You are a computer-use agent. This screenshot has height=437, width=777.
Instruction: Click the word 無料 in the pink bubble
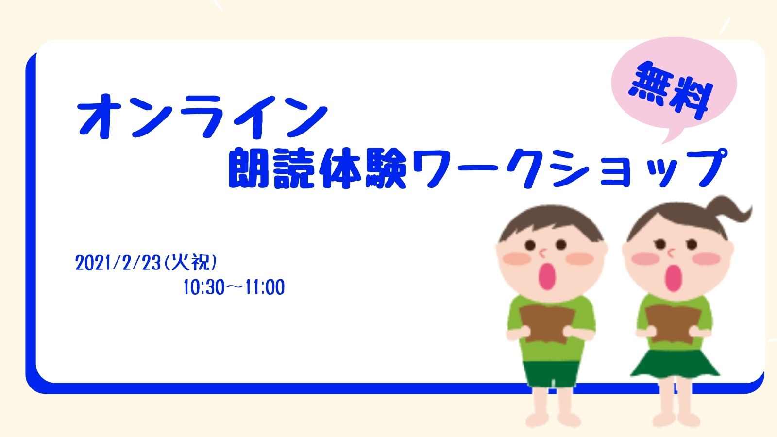coord(670,91)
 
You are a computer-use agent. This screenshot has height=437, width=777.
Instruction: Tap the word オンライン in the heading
coord(202,116)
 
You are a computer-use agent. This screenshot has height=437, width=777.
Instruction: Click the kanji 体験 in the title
coord(363,168)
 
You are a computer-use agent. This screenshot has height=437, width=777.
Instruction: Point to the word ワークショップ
coord(569,168)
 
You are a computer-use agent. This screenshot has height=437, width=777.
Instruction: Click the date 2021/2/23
coord(118,263)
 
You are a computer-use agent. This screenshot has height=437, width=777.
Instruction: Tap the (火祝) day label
coord(190,263)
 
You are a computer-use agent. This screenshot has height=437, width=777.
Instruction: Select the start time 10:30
coord(204,287)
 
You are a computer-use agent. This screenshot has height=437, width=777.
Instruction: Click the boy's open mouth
coord(547,276)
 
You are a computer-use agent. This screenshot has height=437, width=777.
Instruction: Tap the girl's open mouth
coord(673,278)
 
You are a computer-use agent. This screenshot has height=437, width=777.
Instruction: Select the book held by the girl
coord(673,323)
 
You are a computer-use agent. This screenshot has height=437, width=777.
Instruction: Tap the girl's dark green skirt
coord(674,363)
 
